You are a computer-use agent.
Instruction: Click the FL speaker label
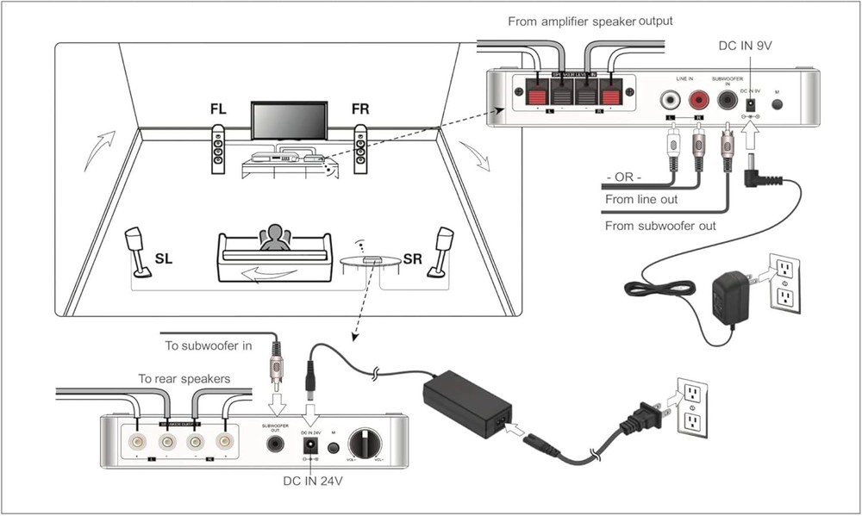point(219,110)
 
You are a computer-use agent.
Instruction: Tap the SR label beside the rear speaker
point(413,258)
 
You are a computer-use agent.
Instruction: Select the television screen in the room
point(289,120)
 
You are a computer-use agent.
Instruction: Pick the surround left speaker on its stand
point(137,252)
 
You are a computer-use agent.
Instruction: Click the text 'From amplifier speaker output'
point(589,21)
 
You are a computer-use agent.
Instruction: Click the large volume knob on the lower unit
point(365,445)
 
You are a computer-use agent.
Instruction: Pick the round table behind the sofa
point(372,261)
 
